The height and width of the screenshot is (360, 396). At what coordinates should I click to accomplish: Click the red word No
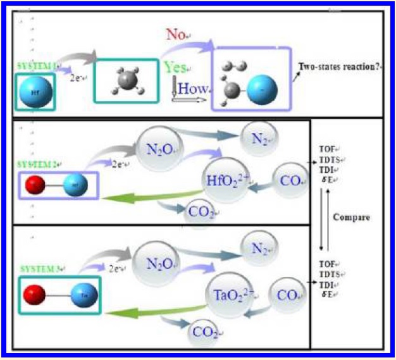tap(176, 34)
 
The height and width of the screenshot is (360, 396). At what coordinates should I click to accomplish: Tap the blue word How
tap(192, 89)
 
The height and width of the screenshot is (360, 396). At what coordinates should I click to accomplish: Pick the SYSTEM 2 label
tap(37, 164)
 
